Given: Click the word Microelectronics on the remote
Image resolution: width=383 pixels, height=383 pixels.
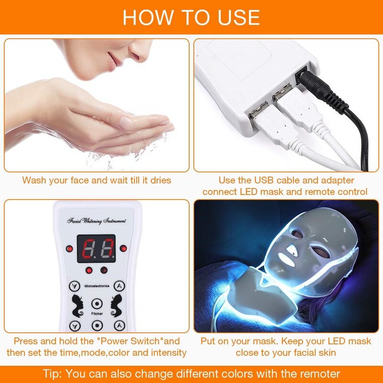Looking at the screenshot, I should tap(97, 286).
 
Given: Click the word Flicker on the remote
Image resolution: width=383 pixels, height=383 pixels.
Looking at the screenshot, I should tap(97, 314).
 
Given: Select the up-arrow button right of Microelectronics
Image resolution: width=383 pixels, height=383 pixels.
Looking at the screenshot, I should tap(121, 286).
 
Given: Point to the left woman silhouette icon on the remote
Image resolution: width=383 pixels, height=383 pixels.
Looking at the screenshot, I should tap(76, 304).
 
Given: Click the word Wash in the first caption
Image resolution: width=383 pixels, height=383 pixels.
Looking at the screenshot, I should tap(34, 180).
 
